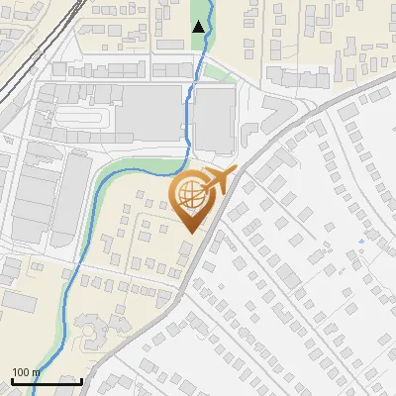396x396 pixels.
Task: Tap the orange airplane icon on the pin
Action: [x=218, y=181]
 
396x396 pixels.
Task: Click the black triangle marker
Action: [x=199, y=27]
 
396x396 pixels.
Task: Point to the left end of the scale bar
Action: [x=12, y=381]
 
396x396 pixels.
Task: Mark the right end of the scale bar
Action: [x=81, y=381]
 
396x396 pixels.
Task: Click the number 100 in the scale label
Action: [x=20, y=372]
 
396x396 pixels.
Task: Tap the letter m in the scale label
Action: [x=36, y=372]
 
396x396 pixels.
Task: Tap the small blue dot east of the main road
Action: [x=361, y=241]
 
